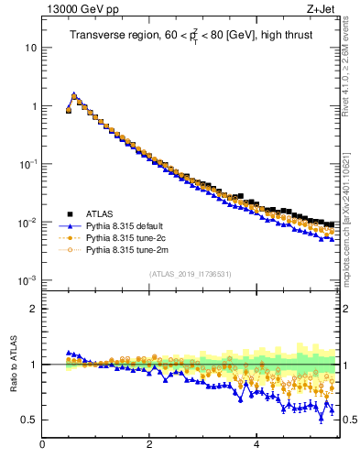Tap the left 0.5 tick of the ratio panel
coord(30,420)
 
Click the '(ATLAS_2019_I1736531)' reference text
coord(189,274)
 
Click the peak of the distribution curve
coord(74,93)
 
